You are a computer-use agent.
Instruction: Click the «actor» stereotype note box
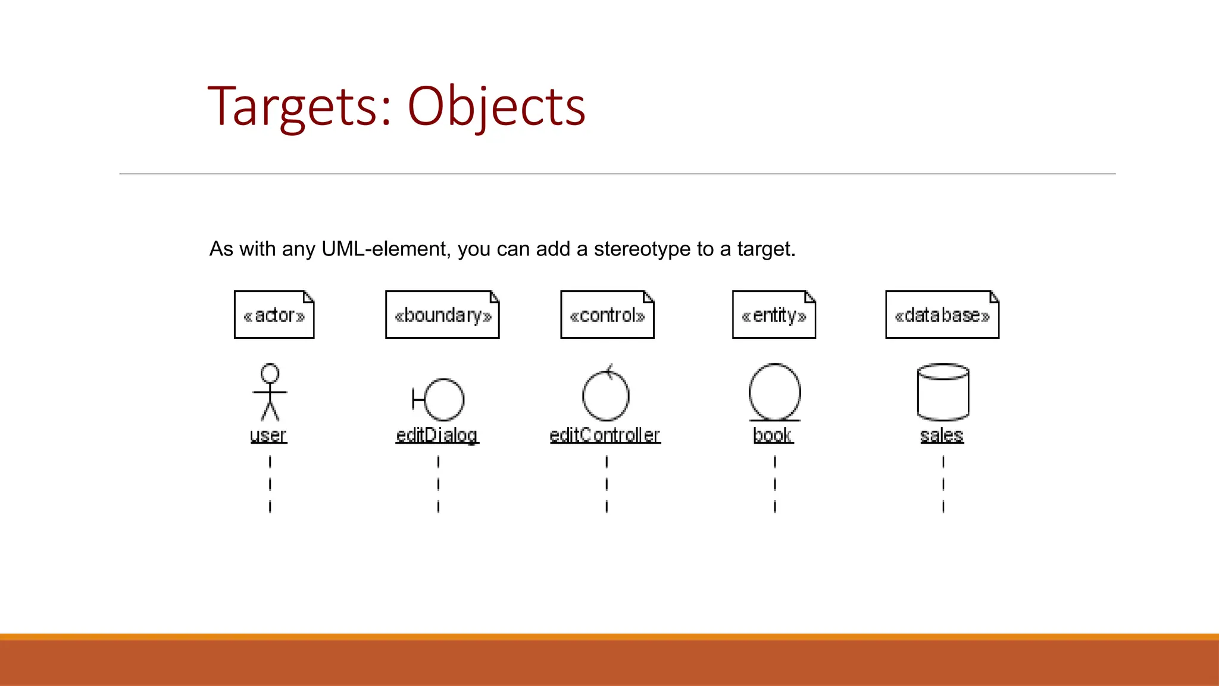[x=274, y=314]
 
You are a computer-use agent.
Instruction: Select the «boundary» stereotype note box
[x=442, y=314]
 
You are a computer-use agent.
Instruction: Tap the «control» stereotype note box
[x=607, y=314]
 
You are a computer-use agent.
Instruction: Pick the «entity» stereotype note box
[x=774, y=314]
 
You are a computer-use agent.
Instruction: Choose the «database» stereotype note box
[x=942, y=314]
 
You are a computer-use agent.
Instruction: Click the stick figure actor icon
[x=270, y=392]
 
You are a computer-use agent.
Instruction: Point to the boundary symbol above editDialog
[x=439, y=399]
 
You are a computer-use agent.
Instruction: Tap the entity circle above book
[x=774, y=392]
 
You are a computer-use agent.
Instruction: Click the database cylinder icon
[x=943, y=392]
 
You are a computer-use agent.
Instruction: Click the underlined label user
[x=268, y=435]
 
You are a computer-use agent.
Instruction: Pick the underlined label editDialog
[x=437, y=435]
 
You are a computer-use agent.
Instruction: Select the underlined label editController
[x=605, y=435]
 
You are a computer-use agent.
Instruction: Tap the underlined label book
[x=773, y=435]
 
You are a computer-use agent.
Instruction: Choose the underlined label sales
[x=942, y=435]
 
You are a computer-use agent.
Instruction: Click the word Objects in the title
[x=496, y=107]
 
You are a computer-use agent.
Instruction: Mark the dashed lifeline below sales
[x=943, y=484]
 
